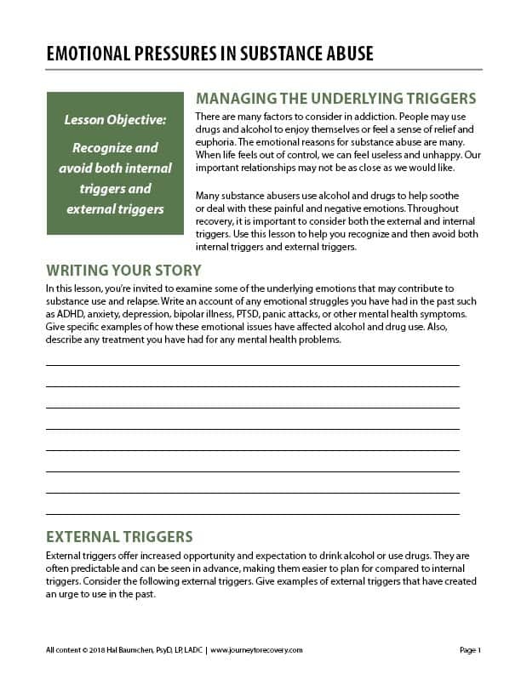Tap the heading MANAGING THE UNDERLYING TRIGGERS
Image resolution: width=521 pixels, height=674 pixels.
[335, 98]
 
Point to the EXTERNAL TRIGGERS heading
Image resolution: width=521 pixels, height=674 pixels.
[119, 537]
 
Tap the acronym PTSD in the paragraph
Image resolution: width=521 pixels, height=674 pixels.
[278, 315]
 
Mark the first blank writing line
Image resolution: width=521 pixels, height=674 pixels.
[252, 364]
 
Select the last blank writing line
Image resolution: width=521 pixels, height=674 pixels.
[252, 513]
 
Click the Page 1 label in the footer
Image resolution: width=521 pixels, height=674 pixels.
[470, 650]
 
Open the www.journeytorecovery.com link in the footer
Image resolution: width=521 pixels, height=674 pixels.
[256, 650]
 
